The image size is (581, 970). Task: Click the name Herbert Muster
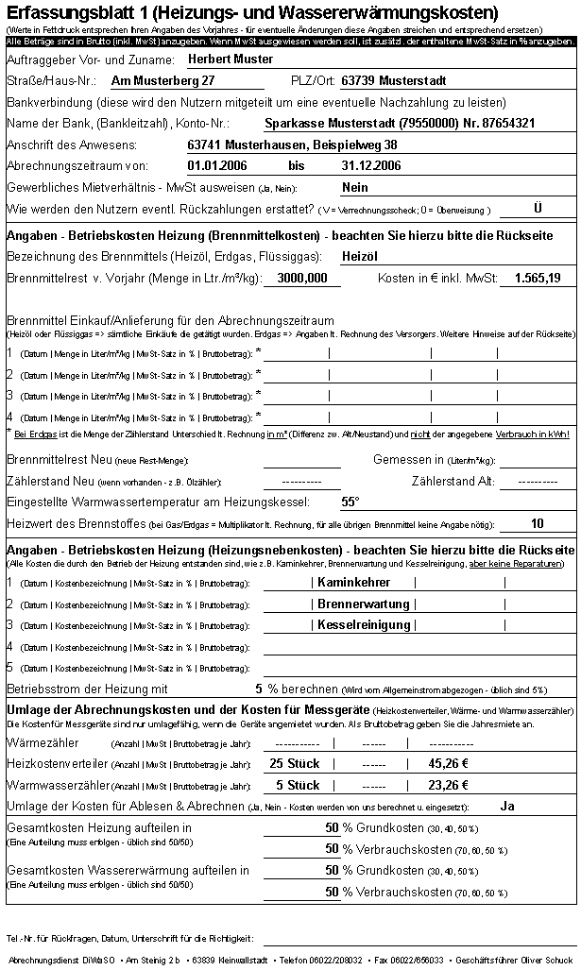[231, 59]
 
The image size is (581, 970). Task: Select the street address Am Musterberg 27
[163, 80]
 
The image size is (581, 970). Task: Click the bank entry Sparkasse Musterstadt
[401, 123]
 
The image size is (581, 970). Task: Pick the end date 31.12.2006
[372, 165]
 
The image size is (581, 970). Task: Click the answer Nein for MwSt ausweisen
[355, 187]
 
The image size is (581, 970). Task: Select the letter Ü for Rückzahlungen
[538, 208]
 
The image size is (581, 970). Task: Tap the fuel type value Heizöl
[359, 256]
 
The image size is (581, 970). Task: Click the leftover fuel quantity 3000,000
[302, 278]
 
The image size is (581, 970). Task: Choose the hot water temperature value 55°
[350, 502]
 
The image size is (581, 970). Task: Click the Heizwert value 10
[538, 523]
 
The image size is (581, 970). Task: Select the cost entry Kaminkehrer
[354, 582]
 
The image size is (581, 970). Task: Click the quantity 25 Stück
[295, 763]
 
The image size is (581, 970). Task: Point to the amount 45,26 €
[449, 763]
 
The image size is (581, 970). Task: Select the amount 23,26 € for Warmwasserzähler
[449, 785]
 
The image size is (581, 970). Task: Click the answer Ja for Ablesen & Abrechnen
[507, 806]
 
